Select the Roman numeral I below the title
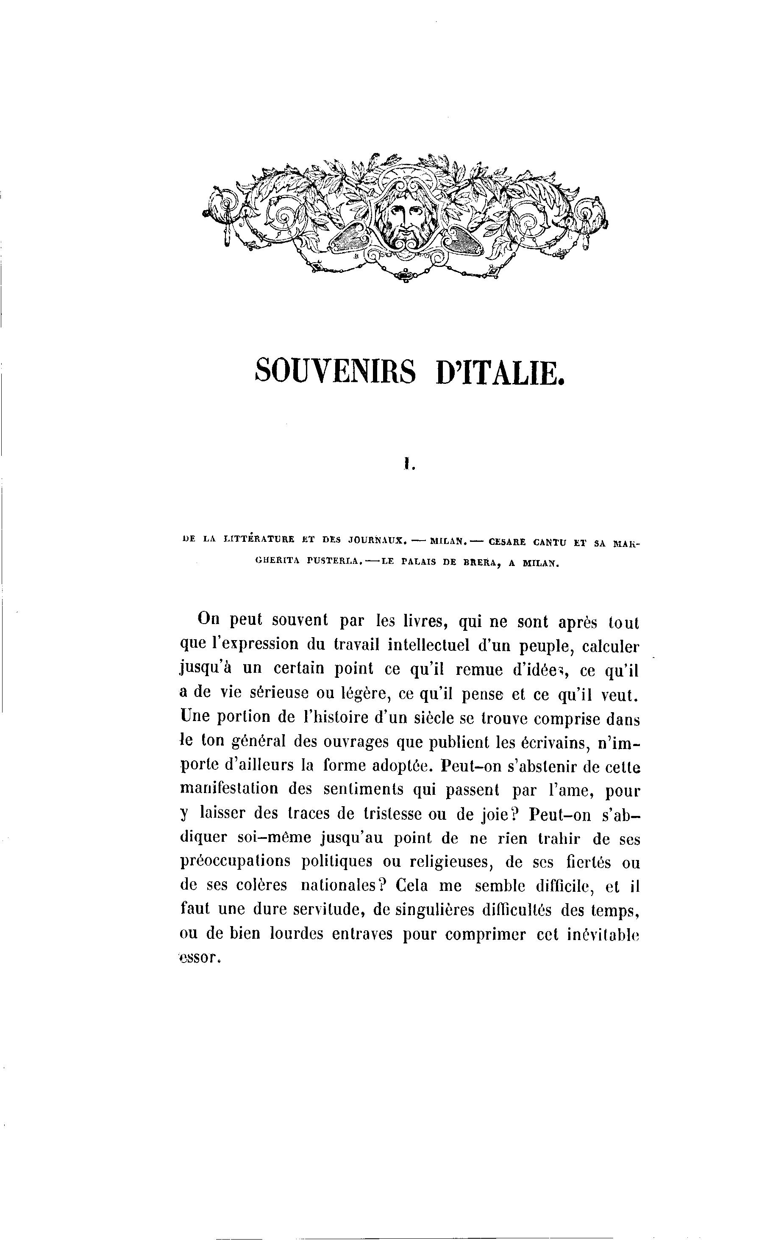click(x=407, y=464)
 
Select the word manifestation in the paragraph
click(x=228, y=788)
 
